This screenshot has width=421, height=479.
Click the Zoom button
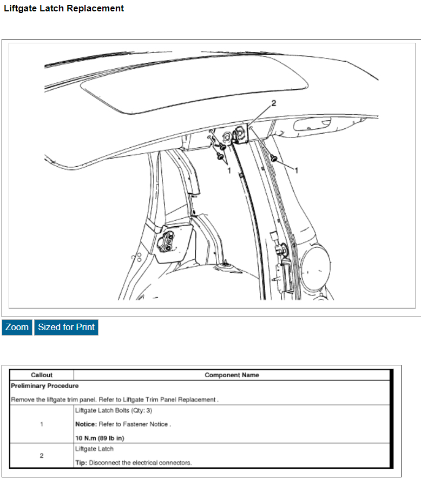pyautogui.click(x=17, y=327)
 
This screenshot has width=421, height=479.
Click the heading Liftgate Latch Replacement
pyautogui.click(x=64, y=9)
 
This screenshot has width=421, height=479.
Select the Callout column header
pyautogui.click(x=42, y=375)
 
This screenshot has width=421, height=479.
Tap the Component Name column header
pyautogui.click(x=232, y=375)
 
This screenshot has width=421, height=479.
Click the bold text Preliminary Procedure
pyautogui.click(x=45, y=386)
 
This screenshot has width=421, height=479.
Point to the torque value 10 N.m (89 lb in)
pyautogui.click(x=103, y=438)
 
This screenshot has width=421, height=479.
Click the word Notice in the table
pyautogui.click(x=85, y=424)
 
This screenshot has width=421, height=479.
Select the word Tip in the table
pyautogui.click(x=81, y=463)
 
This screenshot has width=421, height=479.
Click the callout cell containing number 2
pyautogui.click(x=42, y=456)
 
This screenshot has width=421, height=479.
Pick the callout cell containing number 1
pyautogui.click(x=42, y=424)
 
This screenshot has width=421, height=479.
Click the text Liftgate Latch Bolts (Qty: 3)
pyautogui.click(x=114, y=410)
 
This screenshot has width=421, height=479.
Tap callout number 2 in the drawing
pyautogui.click(x=273, y=103)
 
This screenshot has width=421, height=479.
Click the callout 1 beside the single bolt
pyautogui.click(x=296, y=169)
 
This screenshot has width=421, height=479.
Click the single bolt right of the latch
pyautogui.click(x=274, y=158)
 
